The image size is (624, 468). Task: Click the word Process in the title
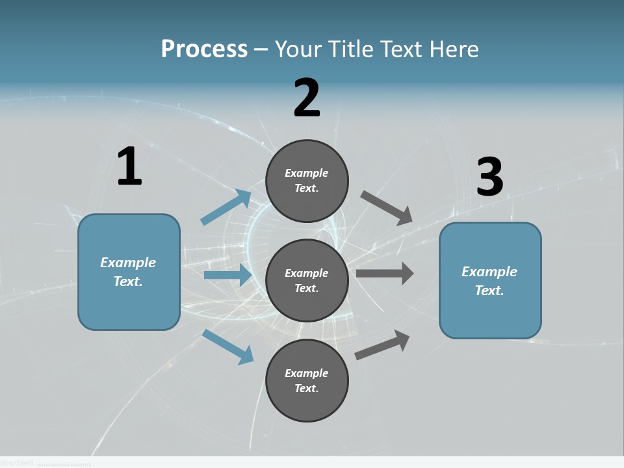pyautogui.click(x=204, y=49)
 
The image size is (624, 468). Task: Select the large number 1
pyautogui.click(x=129, y=167)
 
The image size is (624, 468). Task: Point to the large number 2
pyautogui.click(x=307, y=98)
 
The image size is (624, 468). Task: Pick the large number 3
pyautogui.click(x=489, y=177)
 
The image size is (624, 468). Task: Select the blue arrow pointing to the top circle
pyautogui.click(x=226, y=207)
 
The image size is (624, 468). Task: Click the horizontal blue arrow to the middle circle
pyautogui.click(x=227, y=275)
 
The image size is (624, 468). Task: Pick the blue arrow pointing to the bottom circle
pyautogui.click(x=227, y=346)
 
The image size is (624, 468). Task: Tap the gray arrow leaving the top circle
pyautogui.click(x=386, y=207)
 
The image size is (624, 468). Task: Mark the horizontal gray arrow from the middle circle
pyautogui.click(x=385, y=273)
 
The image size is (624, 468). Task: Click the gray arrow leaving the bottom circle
pyautogui.click(x=383, y=344)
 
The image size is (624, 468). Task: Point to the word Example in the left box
pyautogui.click(x=128, y=263)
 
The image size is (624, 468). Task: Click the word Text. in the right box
pyautogui.click(x=489, y=291)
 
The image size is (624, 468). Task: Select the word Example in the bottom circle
pyautogui.click(x=307, y=373)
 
